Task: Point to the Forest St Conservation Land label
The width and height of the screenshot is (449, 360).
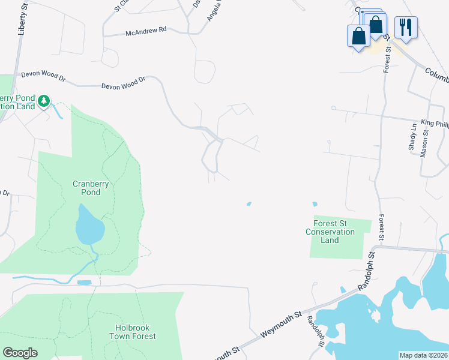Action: [330, 232]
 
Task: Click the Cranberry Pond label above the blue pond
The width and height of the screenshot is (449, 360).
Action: [91, 188]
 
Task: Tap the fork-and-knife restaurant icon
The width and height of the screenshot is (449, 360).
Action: [406, 28]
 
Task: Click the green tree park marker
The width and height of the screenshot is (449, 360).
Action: [43, 101]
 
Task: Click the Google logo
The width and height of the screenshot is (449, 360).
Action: [20, 353]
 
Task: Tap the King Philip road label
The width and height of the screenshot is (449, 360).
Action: [435, 123]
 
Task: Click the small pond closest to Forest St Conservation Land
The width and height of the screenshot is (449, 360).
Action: [315, 203]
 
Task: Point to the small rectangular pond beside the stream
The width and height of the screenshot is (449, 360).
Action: [84, 282]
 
